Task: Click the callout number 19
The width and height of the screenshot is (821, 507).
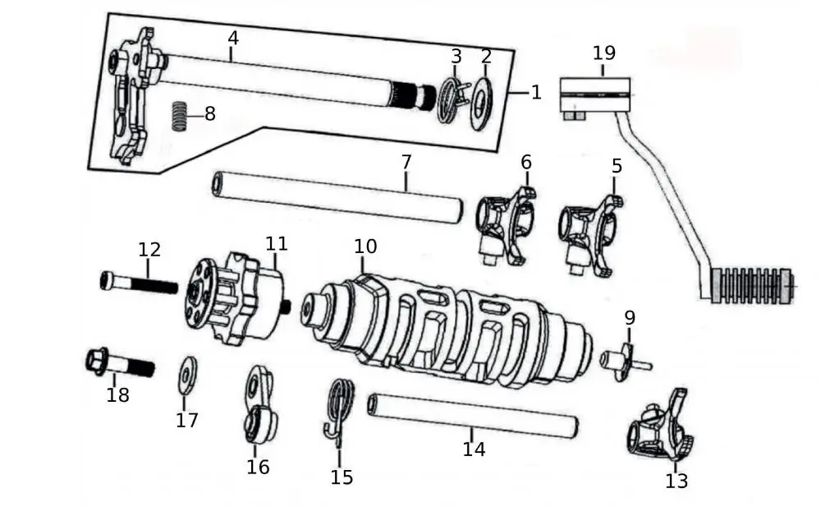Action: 603,53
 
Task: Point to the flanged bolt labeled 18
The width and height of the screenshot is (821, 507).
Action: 119,362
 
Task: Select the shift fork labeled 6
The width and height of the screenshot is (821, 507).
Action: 505,223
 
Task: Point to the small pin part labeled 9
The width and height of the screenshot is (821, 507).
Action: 624,360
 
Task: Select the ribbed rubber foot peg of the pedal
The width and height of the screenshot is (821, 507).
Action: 751,284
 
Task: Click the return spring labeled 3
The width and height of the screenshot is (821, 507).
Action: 450,99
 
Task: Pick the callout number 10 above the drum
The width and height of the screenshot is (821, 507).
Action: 365,246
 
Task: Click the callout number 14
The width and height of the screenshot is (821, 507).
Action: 474,449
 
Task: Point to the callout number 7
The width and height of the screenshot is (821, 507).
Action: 406,162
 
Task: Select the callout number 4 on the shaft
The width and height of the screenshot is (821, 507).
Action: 233,39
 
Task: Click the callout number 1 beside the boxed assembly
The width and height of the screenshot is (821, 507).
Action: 536,92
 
